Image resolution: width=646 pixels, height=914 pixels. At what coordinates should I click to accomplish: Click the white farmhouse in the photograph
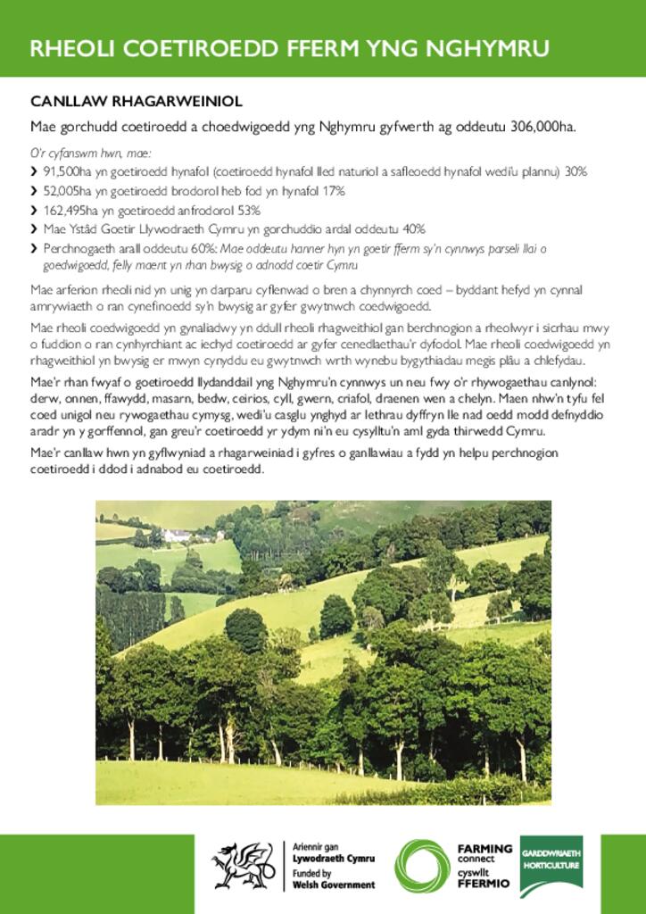[x=177, y=536]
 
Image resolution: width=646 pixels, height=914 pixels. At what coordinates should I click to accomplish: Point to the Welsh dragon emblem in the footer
[x=243, y=865]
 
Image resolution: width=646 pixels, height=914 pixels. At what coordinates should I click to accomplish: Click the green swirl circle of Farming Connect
[x=423, y=865]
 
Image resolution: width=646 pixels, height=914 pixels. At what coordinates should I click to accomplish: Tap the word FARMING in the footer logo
[x=484, y=849]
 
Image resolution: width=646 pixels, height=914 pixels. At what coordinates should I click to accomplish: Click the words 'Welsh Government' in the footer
[x=335, y=885]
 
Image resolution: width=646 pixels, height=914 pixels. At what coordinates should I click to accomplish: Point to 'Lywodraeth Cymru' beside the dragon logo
[x=335, y=858]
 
